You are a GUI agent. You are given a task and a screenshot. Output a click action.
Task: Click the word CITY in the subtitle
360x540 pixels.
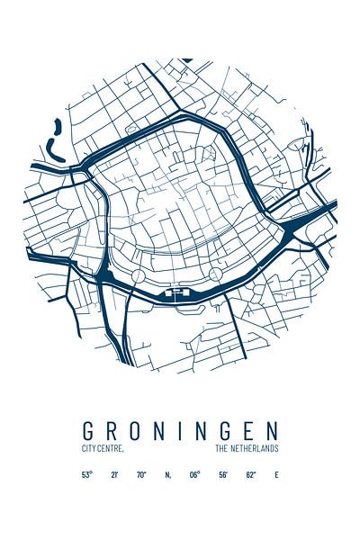click(88, 448)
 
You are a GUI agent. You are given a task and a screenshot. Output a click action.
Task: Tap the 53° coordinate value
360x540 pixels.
click(87, 474)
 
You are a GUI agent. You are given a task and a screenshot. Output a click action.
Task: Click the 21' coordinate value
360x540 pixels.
click(113, 474)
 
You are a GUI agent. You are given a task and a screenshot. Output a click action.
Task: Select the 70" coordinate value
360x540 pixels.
click(140, 474)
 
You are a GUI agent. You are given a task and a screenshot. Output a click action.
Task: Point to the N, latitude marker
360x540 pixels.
click(167, 474)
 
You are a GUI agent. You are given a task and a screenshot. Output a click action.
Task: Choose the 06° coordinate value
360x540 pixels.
click(194, 474)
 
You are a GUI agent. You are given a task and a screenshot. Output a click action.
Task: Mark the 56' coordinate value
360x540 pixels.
click(221, 474)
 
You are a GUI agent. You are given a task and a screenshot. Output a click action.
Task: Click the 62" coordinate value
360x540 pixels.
click(249, 474)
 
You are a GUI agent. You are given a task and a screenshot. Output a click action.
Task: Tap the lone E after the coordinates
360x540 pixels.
click(276, 474)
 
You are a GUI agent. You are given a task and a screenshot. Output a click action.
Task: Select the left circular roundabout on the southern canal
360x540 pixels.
click(139, 274)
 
